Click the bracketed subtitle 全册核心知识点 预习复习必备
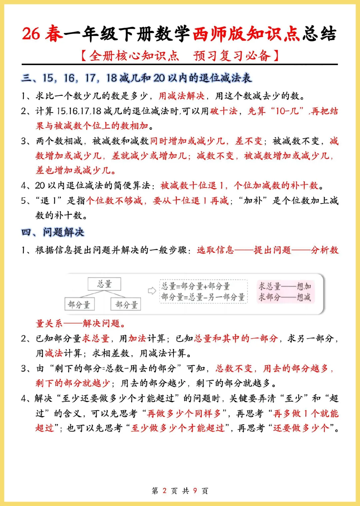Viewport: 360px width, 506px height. click(180, 55)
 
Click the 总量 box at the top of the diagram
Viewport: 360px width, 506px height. click(104, 284)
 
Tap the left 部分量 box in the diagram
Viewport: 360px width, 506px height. click(79, 304)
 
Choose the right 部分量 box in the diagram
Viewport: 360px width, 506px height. click(126, 304)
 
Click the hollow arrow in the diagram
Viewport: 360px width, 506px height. click(152, 291)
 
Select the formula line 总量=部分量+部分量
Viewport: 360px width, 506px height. click(196, 286)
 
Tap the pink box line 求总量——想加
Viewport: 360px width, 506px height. click(285, 286)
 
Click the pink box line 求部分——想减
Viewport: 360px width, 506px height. click(285, 297)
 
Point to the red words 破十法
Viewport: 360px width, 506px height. click(223, 111)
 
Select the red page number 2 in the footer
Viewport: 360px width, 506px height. click(164, 490)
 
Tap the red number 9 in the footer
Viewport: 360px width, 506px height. click(195, 490)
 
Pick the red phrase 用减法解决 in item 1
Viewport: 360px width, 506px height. click(181, 96)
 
